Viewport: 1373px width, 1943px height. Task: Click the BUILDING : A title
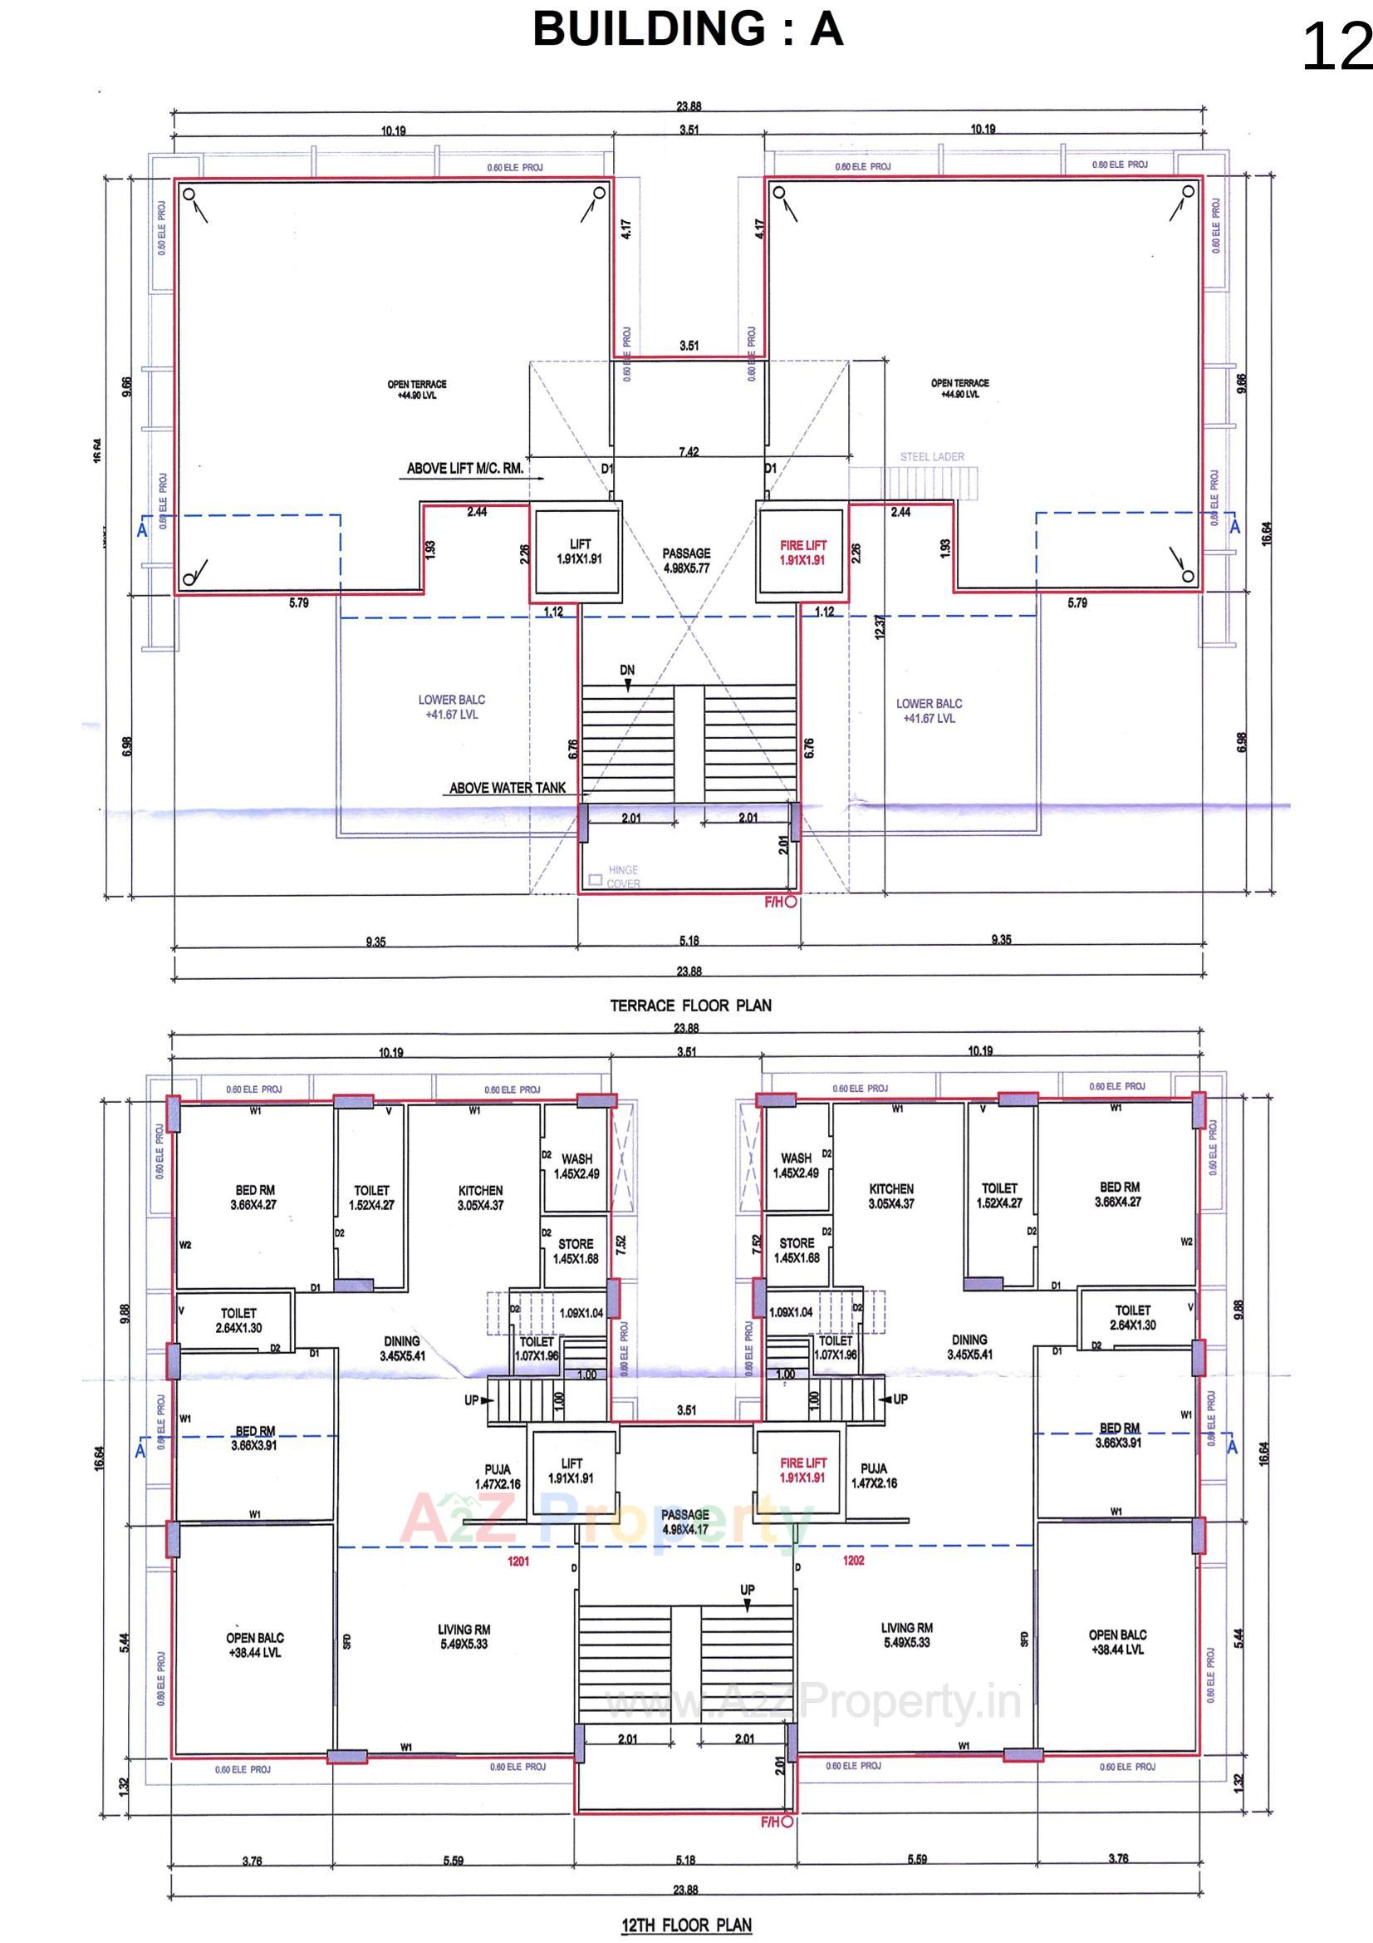(x=687, y=30)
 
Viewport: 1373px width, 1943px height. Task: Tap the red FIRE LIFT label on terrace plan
(x=802, y=553)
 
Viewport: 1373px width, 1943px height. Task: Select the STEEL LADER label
(x=931, y=457)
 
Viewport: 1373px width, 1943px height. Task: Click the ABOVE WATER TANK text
(x=507, y=788)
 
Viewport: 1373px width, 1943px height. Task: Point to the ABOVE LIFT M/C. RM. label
(x=464, y=468)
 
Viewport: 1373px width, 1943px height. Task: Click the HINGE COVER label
(x=623, y=877)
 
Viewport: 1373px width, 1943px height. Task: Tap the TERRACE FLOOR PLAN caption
(x=690, y=1006)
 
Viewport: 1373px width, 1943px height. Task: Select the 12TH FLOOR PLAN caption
(x=686, y=1926)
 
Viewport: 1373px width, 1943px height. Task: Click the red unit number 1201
(x=517, y=1561)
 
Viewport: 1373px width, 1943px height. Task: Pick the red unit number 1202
(x=853, y=1560)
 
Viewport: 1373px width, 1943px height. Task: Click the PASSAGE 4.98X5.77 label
(x=685, y=561)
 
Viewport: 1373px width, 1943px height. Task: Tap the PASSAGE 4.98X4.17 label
(x=684, y=1522)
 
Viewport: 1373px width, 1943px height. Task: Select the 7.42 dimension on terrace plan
(x=688, y=453)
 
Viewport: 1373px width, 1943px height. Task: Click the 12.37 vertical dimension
(x=879, y=627)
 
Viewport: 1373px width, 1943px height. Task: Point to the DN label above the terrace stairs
(x=626, y=670)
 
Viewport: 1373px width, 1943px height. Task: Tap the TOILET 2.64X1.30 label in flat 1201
(x=238, y=1321)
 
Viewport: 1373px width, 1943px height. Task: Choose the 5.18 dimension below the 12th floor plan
(x=685, y=1859)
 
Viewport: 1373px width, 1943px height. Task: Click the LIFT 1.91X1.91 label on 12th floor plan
(x=571, y=1471)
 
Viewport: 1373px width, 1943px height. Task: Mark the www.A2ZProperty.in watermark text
(x=812, y=1700)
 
